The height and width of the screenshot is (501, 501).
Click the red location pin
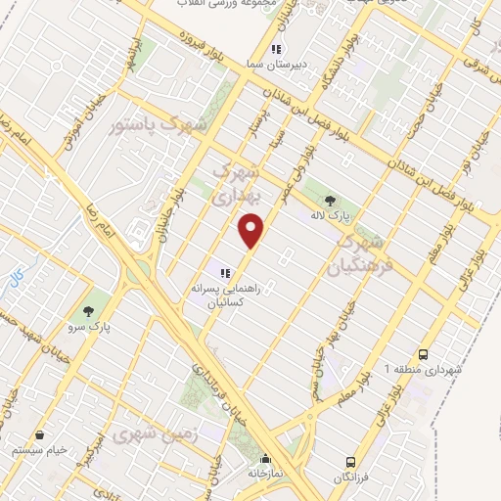(x=252, y=230)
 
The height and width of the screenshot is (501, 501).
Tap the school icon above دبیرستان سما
(x=278, y=48)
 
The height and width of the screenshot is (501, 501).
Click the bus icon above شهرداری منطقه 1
(x=423, y=354)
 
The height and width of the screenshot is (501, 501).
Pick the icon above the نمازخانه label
(x=264, y=458)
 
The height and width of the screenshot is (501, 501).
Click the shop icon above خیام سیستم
(x=40, y=434)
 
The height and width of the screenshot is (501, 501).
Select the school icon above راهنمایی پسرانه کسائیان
(x=224, y=273)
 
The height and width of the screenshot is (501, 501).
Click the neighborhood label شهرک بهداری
(x=238, y=183)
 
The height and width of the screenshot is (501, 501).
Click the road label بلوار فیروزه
(x=204, y=45)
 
